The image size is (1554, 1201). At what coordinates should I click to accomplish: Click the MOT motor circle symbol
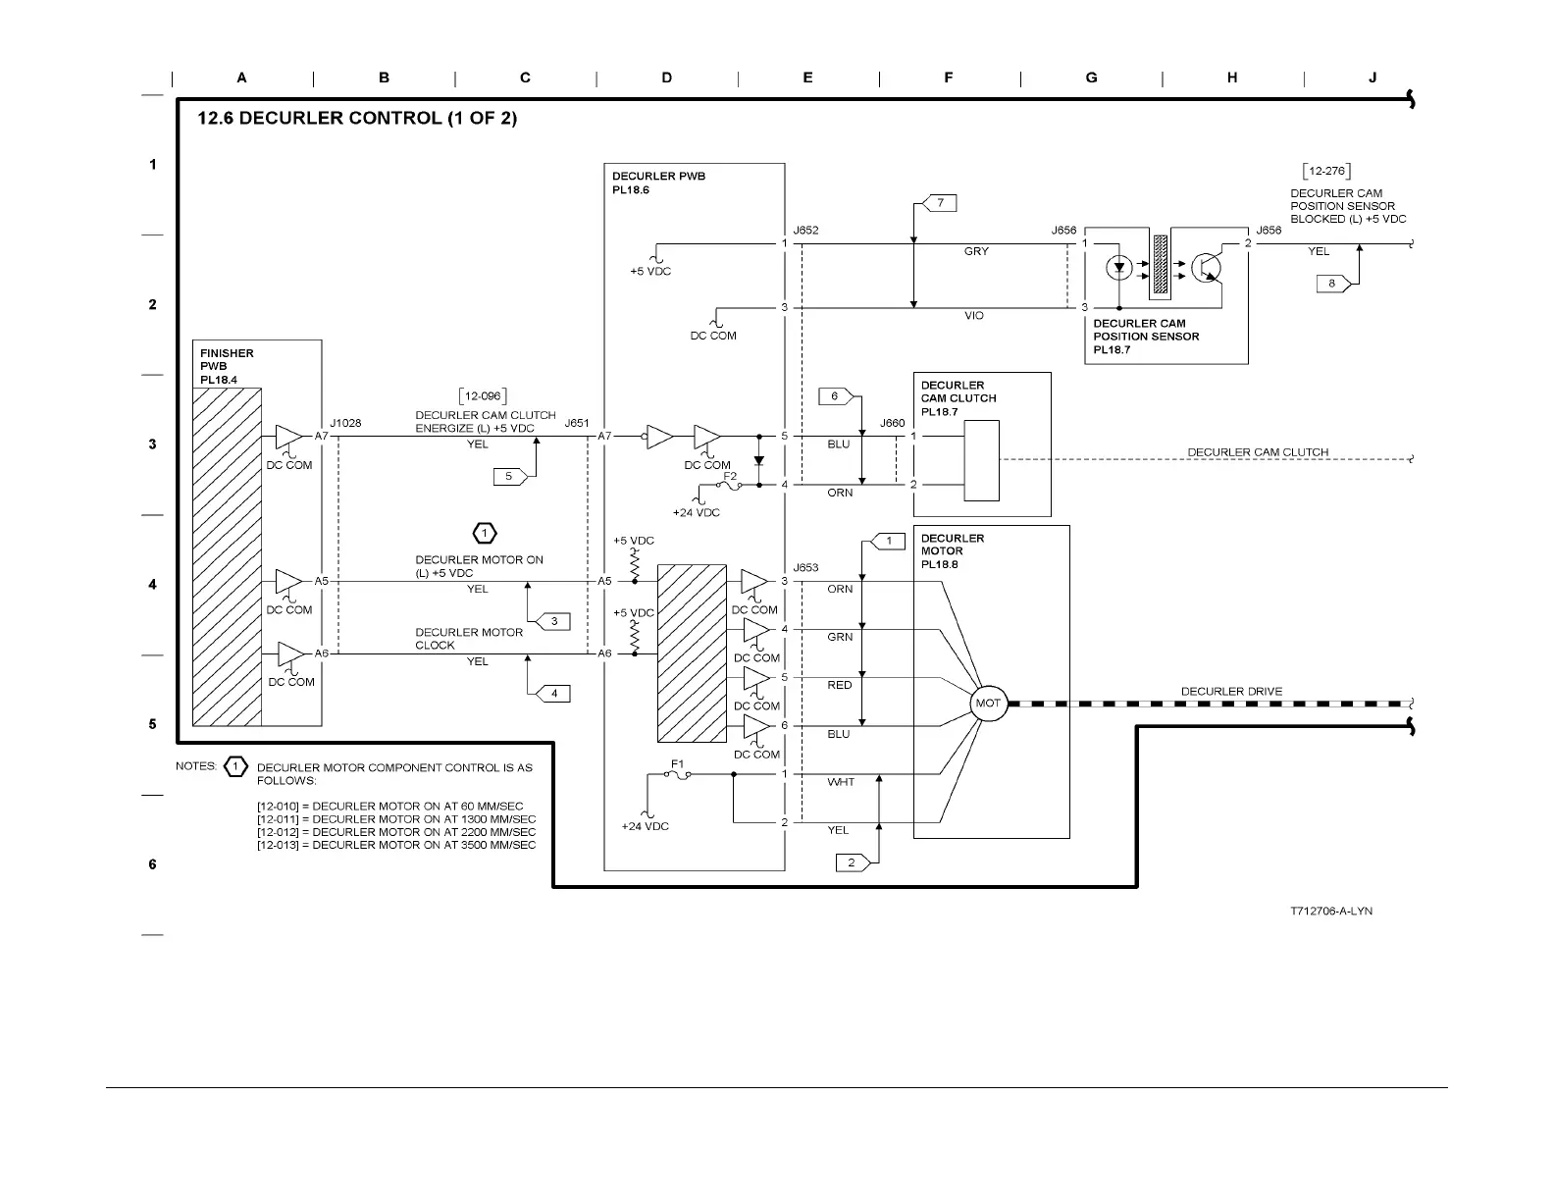pos(988,704)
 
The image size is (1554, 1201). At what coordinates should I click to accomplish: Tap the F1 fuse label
pos(678,762)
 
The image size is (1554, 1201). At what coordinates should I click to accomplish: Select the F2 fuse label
pos(730,475)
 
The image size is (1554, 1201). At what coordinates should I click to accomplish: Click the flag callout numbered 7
pos(939,203)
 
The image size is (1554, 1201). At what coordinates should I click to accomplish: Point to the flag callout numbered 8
pos(1332,284)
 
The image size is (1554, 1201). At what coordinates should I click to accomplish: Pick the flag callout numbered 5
pos(509,476)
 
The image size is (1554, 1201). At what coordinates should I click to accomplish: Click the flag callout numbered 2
pos(852,862)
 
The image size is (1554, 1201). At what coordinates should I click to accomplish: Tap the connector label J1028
pos(345,423)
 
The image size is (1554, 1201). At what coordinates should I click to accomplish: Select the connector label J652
pos(805,231)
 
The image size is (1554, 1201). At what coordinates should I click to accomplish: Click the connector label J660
pos(892,423)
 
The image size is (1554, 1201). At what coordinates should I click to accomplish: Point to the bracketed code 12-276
pos(1326,172)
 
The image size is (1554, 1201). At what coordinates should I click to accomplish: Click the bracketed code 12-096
pos(482,396)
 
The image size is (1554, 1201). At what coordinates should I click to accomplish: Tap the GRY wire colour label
pos(976,252)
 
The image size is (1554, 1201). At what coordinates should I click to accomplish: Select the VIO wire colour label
pos(974,317)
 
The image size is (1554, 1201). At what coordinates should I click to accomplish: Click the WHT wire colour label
pos(841,782)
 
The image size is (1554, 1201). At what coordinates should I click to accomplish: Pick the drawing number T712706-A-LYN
pos(1331,912)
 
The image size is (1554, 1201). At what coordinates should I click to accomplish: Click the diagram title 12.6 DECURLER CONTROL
pos(357,119)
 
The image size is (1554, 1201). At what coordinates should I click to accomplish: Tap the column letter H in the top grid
pos(1232,78)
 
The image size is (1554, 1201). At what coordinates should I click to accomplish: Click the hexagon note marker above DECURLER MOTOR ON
pos(485,533)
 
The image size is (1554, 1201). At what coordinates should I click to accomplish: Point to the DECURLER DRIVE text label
pos(1231,691)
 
